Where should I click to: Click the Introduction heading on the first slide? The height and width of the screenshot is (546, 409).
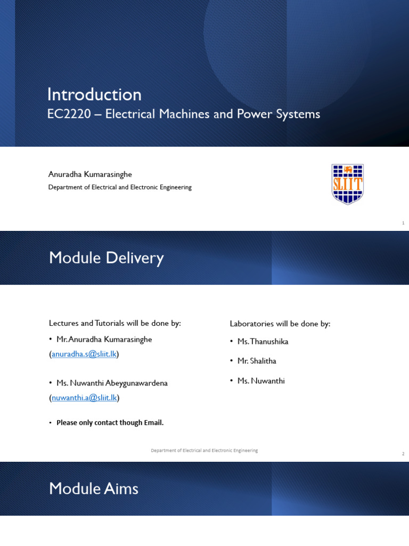[x=94, y=94]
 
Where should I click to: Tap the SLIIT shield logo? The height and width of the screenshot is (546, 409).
[x=347, y=184]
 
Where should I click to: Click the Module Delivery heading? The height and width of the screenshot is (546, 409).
[x=106, y=258]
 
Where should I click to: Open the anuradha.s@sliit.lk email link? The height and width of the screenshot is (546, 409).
[x=84, y=354]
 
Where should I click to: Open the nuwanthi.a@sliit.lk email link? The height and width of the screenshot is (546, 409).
[x=84, y=398]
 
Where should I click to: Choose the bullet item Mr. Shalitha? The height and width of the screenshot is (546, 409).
[x=257, y=361]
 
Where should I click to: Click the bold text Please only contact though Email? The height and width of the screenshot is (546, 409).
[x=110, y=422]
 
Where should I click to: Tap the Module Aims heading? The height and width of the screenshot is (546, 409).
[x=94, y=488]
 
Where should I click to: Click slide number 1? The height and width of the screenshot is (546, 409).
[x=403, y=223]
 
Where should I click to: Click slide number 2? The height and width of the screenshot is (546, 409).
[x=403, y=454]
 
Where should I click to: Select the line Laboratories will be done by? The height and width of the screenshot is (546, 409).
[x=280, y=324]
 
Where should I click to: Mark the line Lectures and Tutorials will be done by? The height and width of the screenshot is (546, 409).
[x=115, y=324]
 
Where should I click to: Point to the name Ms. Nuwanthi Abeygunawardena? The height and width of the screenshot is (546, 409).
[x=112, y=383]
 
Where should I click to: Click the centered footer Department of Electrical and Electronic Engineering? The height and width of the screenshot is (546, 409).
[x=204, y=451]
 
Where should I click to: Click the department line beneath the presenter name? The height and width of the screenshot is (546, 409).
[x=120, y=187]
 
